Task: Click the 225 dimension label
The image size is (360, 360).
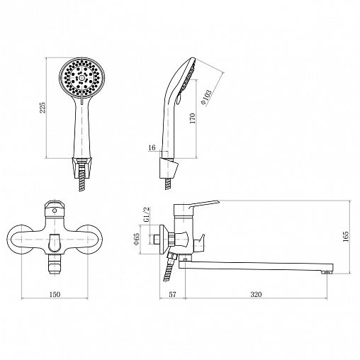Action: click(x=43, y=108)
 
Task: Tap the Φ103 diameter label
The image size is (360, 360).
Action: click(x=206, y=97)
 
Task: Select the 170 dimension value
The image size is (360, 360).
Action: click(x=193, y=118)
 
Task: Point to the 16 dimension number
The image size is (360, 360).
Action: click(x=152, y=147)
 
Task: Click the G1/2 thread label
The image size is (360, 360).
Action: click(x=147, y=215)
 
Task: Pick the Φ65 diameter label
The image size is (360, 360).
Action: click(x=137, y=240)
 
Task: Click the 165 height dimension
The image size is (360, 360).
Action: click(x=346, y=237)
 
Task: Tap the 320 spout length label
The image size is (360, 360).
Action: click(x=256, y=294)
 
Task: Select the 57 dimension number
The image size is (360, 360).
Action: click(x=173, y=294)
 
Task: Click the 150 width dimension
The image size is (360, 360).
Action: click(x=55, y=294)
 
